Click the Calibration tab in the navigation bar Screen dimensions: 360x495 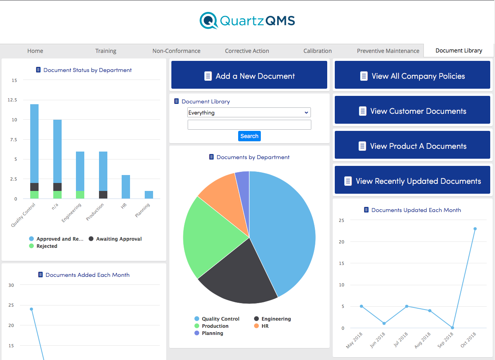coord(317,51)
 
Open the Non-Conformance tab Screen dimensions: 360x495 coord(176,51)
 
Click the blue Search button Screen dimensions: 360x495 coord(249,136)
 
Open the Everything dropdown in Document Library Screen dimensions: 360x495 coord(249,113)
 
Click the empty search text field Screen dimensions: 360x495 coord(249,125)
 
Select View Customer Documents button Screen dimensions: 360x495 coord(412,111)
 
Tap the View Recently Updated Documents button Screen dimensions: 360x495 coord(412,181)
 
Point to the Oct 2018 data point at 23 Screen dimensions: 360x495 coord(475,229)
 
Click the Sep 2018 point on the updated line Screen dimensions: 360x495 coord(452,328)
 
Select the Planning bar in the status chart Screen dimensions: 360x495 coord(149,195)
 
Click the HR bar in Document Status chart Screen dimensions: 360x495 coord(126,187)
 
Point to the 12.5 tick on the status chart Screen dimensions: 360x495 coord(12,100)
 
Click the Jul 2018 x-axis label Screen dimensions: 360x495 coord(401,339)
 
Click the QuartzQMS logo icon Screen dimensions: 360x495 coord(208,21)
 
